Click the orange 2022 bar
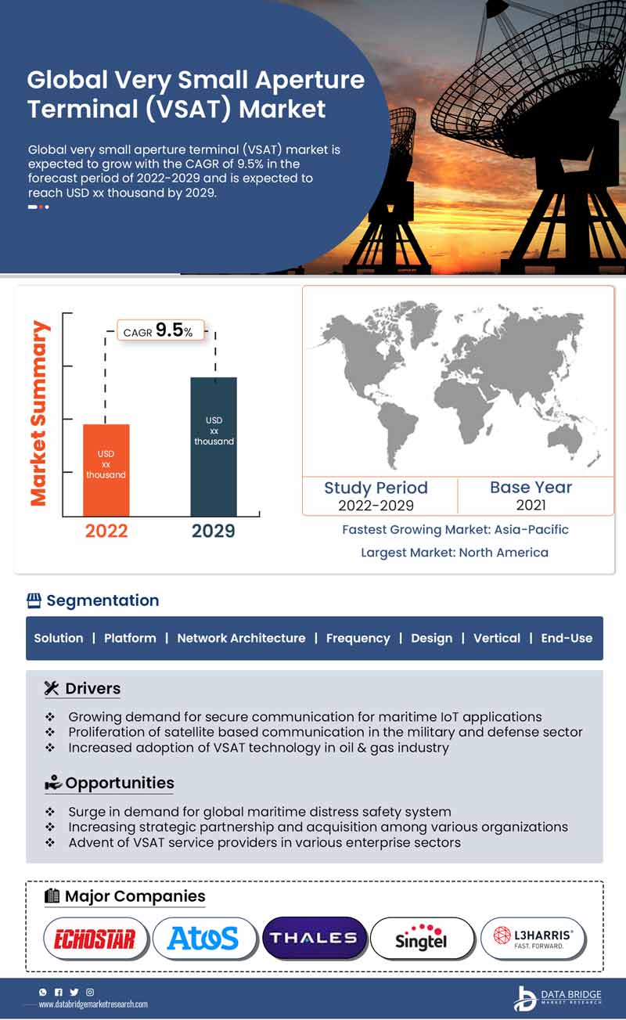coord(106,470)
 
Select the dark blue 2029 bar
coord(214,446)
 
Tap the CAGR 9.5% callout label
coord(160,331)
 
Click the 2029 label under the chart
coord(214,531)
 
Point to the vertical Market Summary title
coord(39,413)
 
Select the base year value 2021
coord(531,505)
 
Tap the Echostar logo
coord(95,939)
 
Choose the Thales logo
coord(313,938)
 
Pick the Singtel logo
coord(422,938)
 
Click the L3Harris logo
coord(532,938)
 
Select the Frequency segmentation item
coord(358,638)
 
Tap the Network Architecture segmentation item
coord(241,638)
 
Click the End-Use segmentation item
coord(567,638)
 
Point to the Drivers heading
coord(92,689)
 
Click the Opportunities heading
coord(119,783)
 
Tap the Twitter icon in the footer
coord(74,992)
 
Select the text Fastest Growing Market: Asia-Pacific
coord(455,530)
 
